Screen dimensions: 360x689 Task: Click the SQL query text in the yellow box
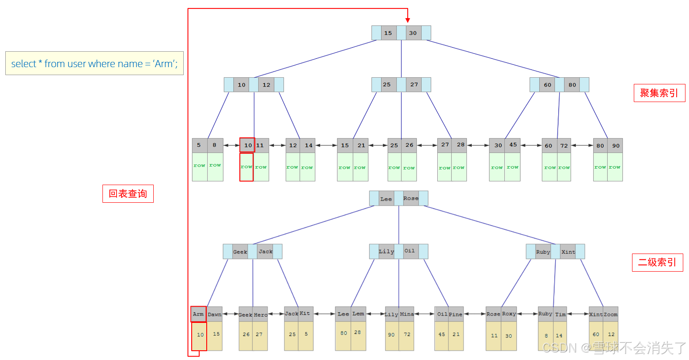pos(94,64)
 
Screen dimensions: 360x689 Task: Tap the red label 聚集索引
pos(659,93)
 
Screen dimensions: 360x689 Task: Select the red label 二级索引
pos(657,262)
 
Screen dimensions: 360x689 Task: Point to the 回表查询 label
pos(128,194)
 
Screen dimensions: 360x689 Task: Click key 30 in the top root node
pos(413,33)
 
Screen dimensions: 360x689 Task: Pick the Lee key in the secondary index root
pos(386,199)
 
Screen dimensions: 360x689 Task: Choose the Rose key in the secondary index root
pos(411,198)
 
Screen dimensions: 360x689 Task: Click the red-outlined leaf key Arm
pos(198,314)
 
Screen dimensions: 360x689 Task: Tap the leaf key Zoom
pos(611,315)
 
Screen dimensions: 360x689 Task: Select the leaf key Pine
pos(456,315)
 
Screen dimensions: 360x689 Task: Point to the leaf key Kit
pos(305,314)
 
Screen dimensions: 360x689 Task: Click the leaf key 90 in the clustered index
pos(616,146)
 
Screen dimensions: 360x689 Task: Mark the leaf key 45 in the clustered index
pos(513,145)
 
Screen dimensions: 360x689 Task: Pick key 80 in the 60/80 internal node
pos(572,85)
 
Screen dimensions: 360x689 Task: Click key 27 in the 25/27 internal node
pos(414,85)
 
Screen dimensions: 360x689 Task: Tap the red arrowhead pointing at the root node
pos(408,20)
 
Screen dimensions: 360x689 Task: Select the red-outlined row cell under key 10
pos(246,167)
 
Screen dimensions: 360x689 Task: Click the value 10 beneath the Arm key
pos(200,335)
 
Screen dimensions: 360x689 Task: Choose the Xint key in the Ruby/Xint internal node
pos(568,252)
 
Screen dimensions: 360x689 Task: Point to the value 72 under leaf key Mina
pos(407,335)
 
